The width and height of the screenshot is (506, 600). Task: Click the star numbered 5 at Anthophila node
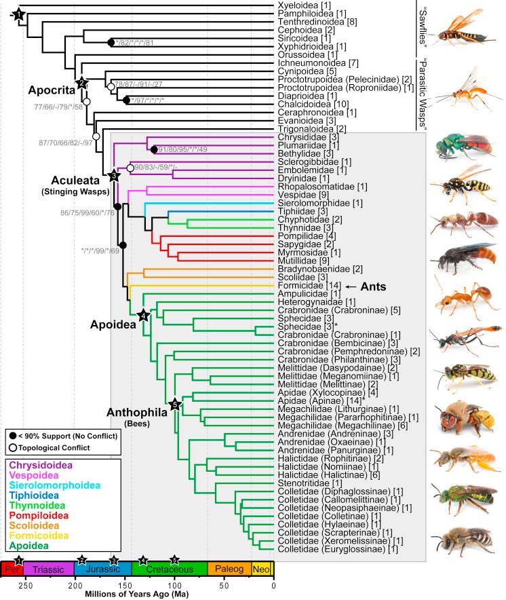tap(175, 405)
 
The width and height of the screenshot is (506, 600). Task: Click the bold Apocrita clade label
tap(50, 90)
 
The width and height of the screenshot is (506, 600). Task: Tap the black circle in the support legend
tap(12, 434)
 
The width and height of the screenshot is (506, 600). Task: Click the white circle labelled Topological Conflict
tap(12, 447)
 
